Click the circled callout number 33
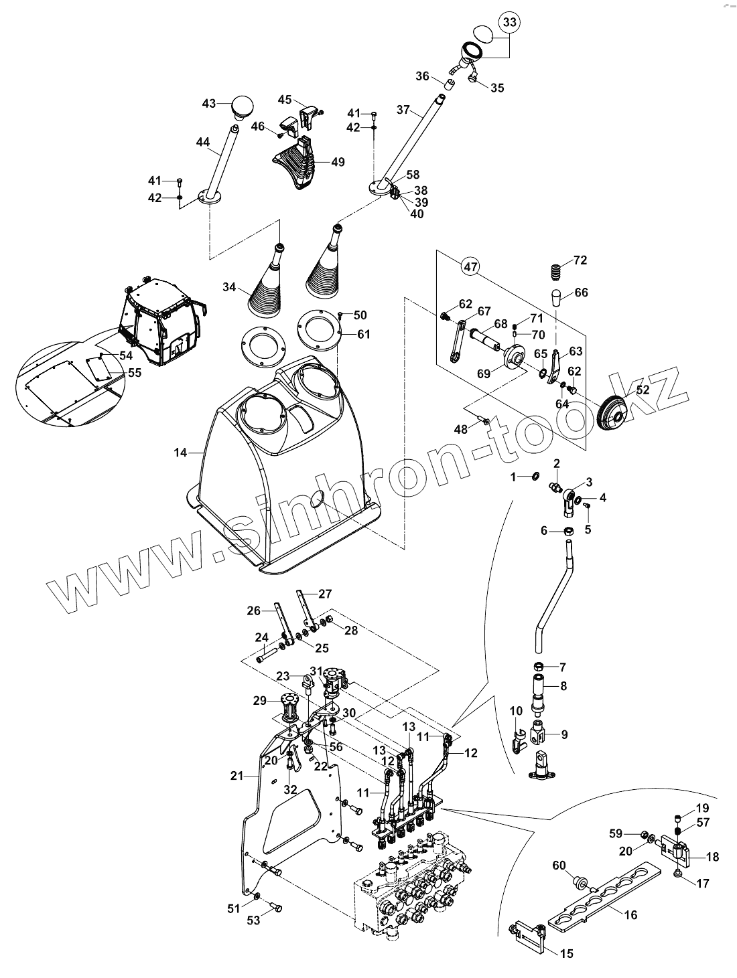510,23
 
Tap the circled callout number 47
471,266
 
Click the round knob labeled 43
243,105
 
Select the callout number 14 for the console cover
180,453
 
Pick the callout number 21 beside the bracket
235,776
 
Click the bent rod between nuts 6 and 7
552,596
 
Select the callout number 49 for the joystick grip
338,162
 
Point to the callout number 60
559,866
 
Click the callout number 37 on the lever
403,108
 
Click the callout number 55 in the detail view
135,373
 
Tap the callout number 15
567,953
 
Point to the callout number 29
260,701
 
